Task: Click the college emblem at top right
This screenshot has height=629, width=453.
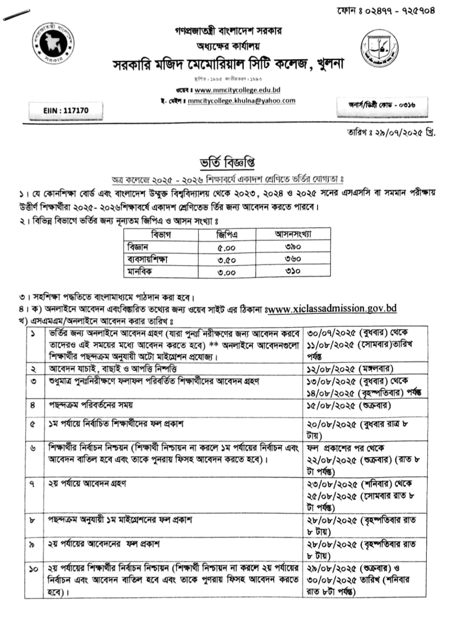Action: pos(379,47)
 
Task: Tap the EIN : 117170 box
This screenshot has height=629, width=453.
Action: pos(66,111)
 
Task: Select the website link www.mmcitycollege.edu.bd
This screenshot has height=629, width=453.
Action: pos(237,90)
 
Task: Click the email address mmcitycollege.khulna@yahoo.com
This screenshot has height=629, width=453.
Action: pos(241,101)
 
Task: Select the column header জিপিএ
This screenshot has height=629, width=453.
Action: pos(227,235)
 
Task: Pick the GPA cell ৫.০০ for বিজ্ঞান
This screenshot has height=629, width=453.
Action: pos(227,247)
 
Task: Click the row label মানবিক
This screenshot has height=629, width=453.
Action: pos(140,271)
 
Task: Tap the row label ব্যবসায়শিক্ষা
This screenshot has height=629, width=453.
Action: pos(148,259)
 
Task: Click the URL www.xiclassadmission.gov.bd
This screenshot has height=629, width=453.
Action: pos(332,308)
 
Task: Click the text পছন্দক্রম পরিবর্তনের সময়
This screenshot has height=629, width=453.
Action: pos(90,405)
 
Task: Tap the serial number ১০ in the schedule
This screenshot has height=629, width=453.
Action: pos(34,569)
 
